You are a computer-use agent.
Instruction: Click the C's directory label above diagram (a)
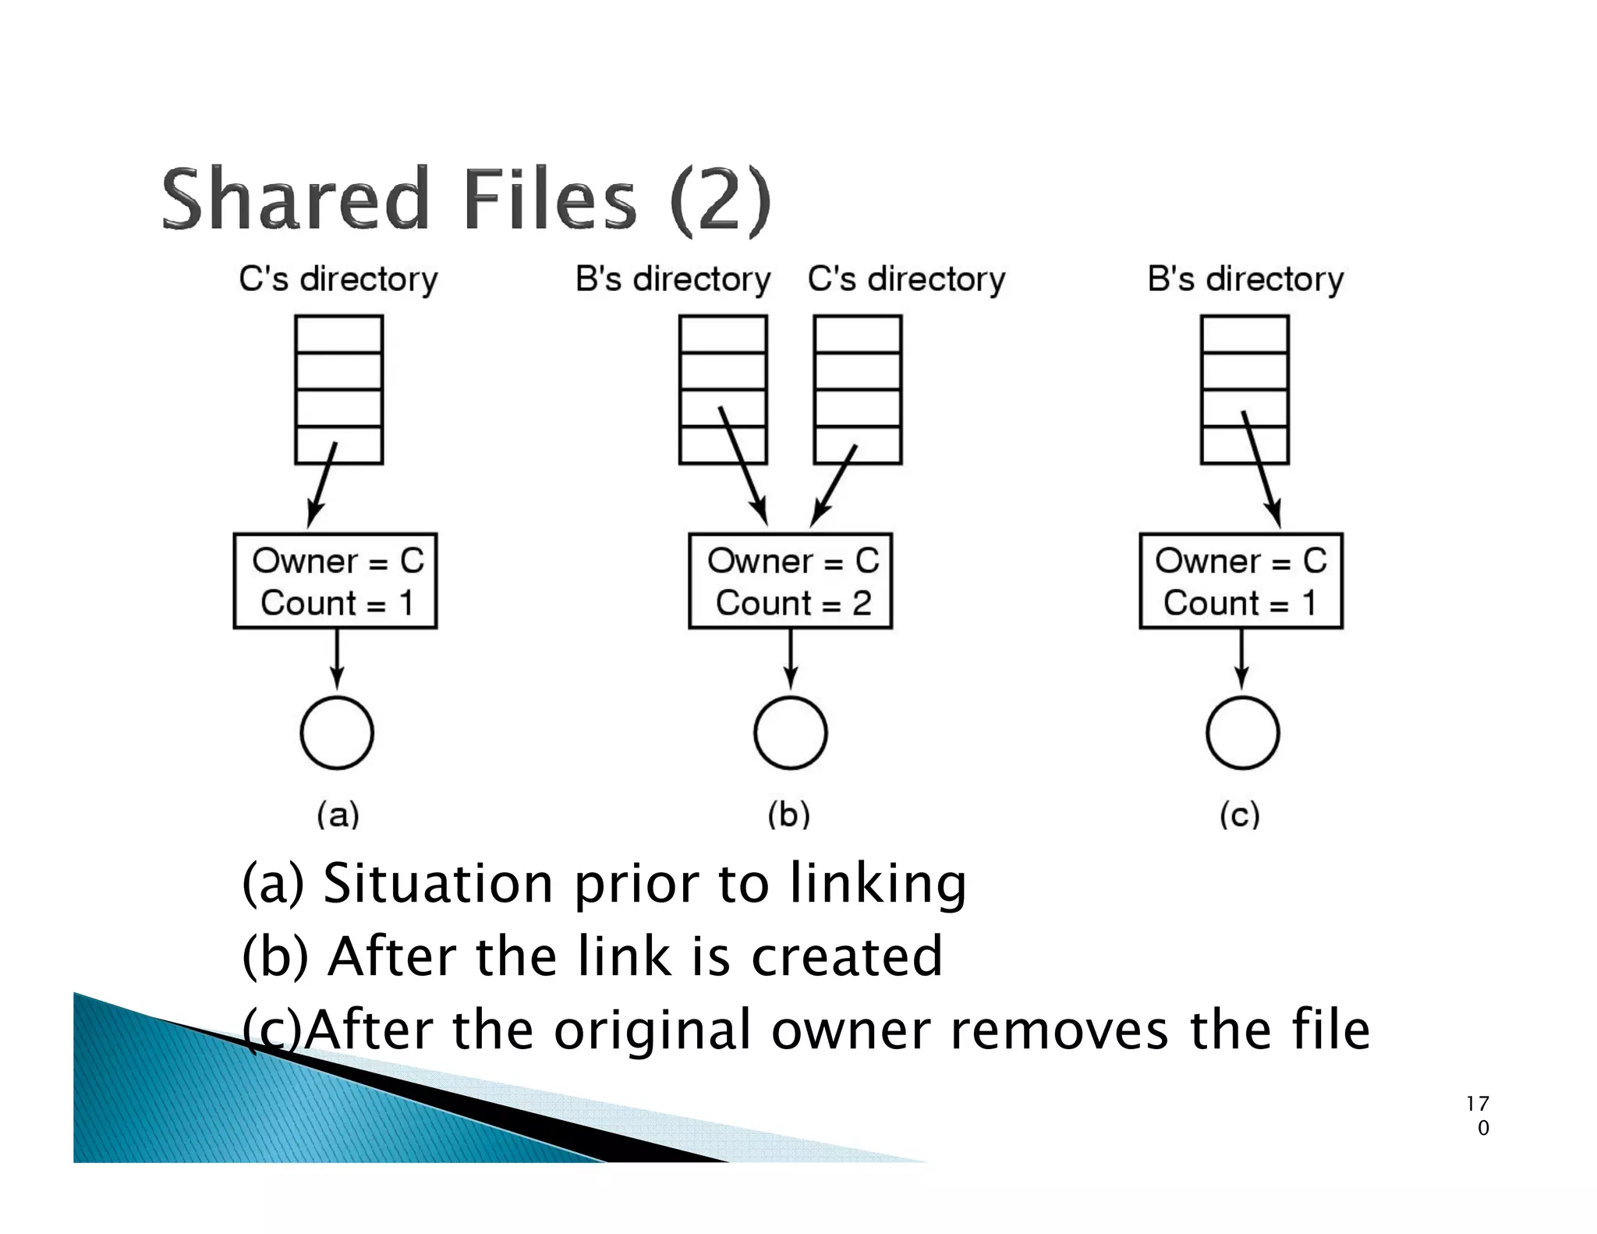click(x=338, y=279)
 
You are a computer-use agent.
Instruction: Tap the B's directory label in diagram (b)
click(x=672, y=279)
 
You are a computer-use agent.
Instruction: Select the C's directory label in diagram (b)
click(x=906, y=279)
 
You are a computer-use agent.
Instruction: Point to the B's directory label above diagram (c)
click(x=1245, y=279)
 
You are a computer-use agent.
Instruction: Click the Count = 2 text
click(x=793, y=603)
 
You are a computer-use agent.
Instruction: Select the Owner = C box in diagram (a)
click(x=335, y=580)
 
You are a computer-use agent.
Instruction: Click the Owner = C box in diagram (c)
click(x=1241, y=580)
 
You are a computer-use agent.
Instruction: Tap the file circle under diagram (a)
click(x=337, y=732)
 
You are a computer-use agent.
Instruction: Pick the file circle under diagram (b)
click(x=790, y=732)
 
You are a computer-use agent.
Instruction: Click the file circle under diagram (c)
click(x=1242, y=732)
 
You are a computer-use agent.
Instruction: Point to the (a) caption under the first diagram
click(x=338, y=814)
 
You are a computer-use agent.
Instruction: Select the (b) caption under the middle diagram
click(x=788, y=814)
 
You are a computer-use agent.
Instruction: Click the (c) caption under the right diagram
click(x=1239, y=814)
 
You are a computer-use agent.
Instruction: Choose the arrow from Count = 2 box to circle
click(x=790, y=659)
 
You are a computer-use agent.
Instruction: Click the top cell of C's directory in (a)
click(x=338, y=334)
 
